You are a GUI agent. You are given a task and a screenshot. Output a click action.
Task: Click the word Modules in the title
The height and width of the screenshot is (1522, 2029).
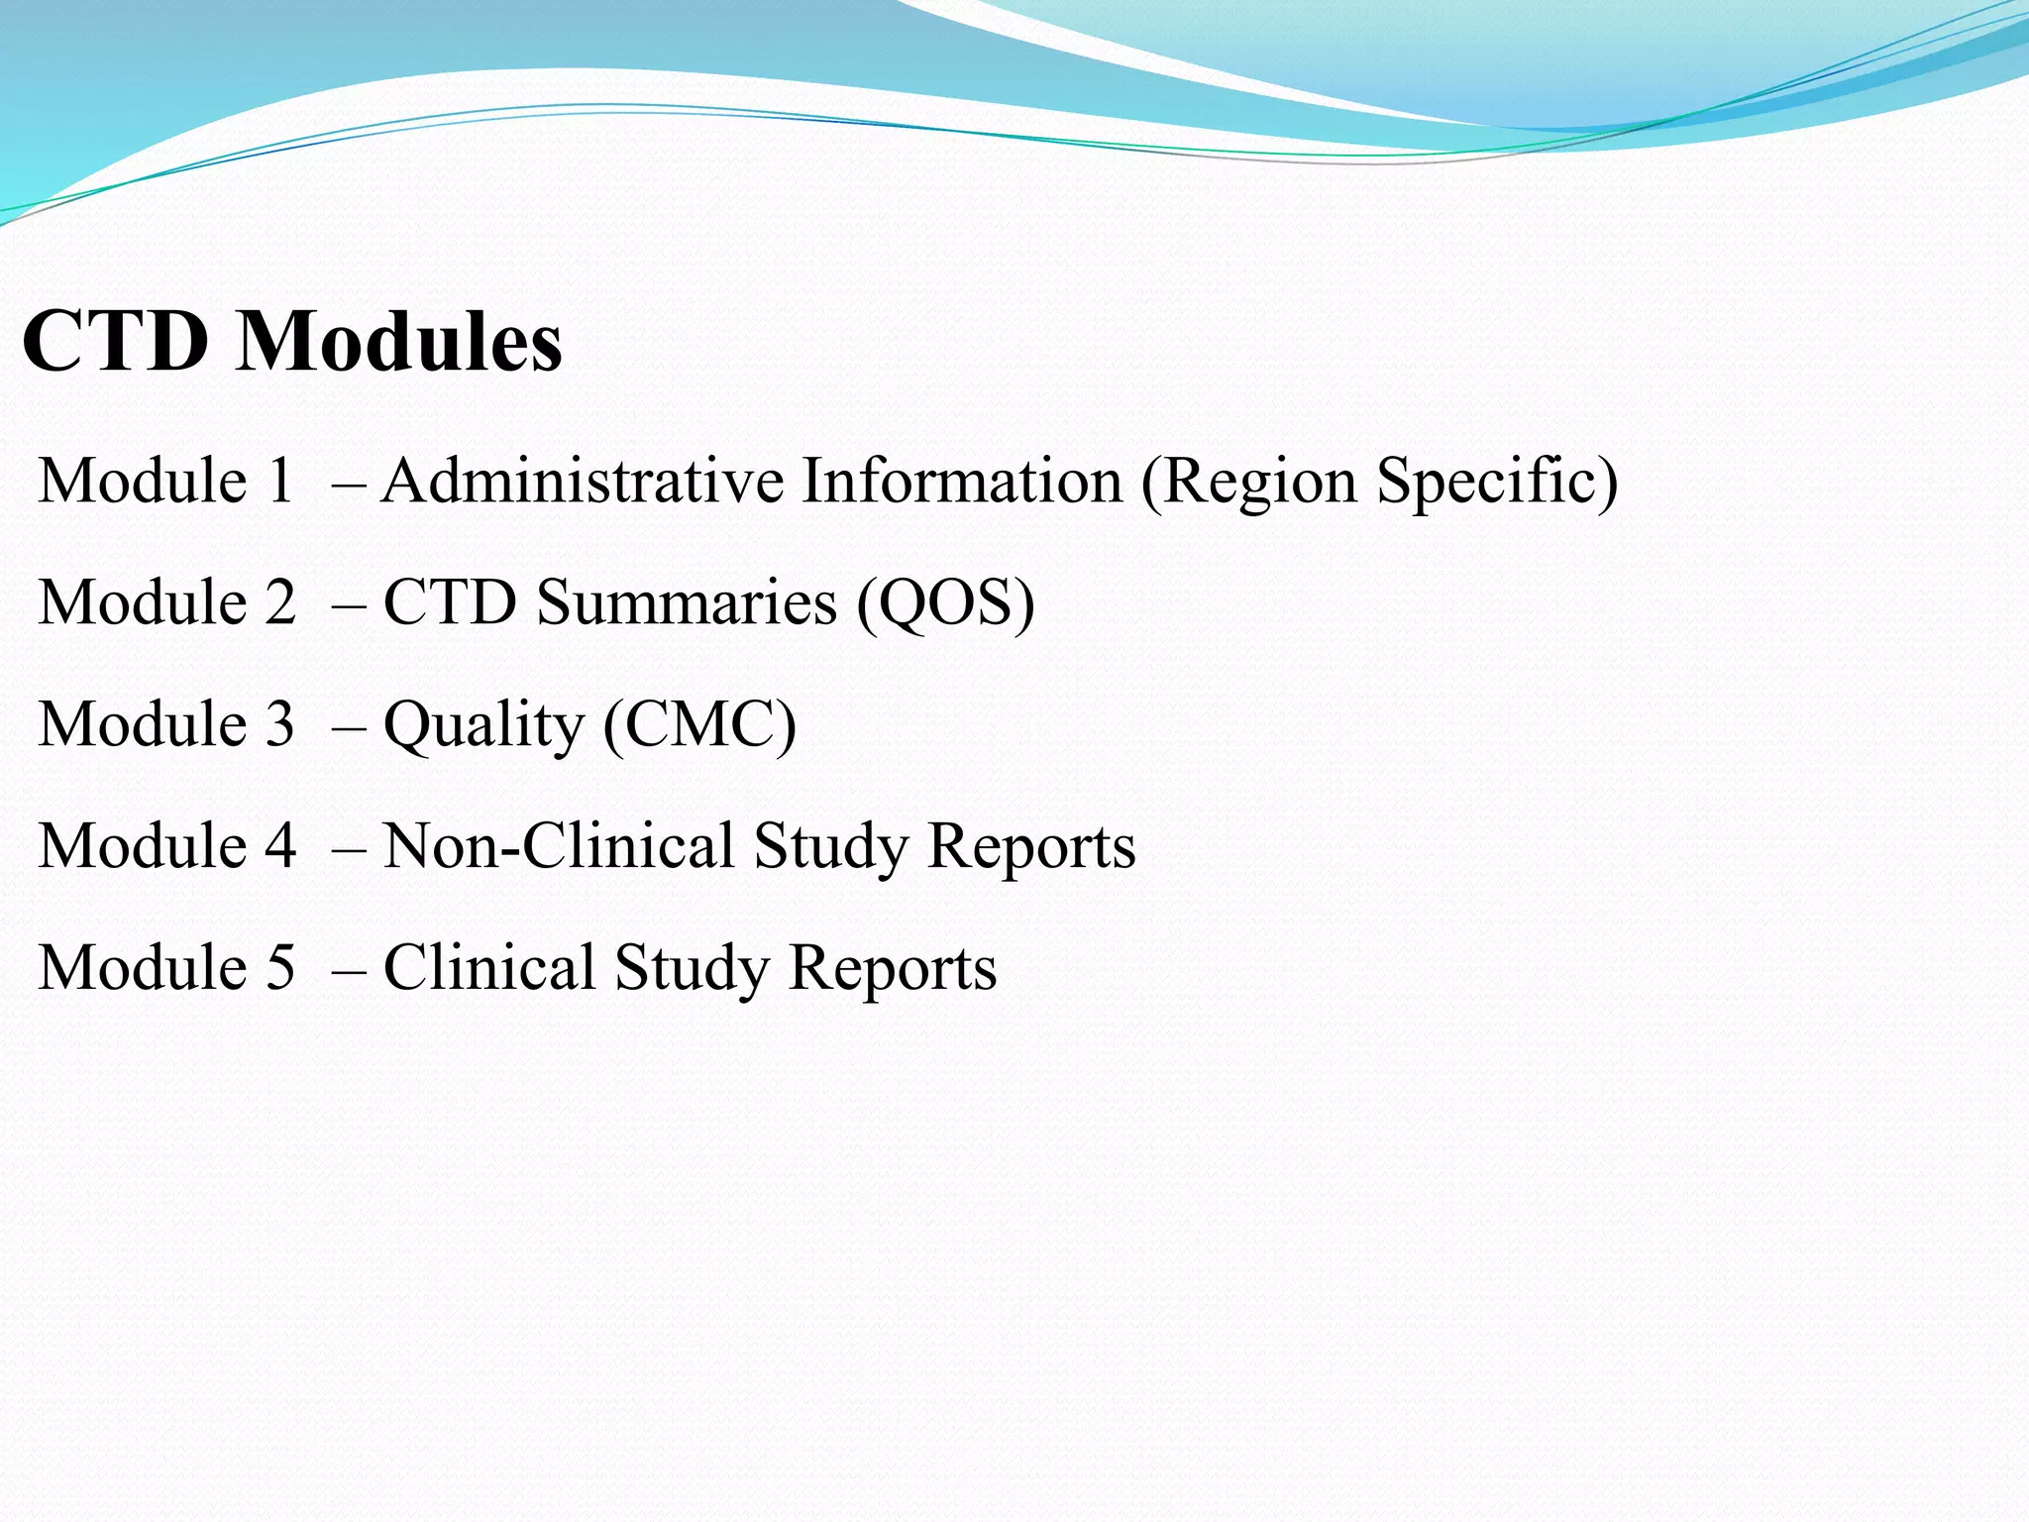[399, 341]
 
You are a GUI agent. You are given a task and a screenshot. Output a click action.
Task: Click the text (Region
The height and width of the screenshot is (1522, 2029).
[1248, 483]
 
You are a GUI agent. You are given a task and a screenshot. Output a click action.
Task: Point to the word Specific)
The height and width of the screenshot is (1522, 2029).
[1497, 483]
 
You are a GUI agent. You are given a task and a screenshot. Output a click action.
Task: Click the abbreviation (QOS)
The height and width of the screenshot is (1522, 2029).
[945, 602]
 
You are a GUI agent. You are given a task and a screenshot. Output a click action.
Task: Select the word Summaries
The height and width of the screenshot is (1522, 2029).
[687, 602]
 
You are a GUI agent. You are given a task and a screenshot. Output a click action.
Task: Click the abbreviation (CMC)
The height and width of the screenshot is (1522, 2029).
[699, 724]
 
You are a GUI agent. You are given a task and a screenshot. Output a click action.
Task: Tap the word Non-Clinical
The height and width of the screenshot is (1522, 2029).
[558, 846]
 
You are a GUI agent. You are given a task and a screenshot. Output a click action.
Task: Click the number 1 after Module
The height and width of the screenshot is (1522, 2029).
[280, 481]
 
